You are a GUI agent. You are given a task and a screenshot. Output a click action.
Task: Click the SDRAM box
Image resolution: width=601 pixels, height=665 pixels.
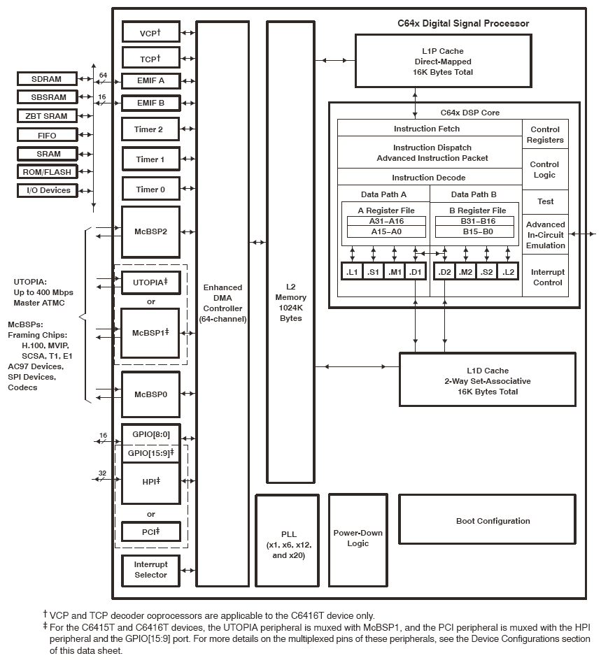click(46, 78)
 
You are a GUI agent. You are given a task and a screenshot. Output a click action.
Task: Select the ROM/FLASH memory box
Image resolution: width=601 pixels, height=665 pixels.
click(46, 172)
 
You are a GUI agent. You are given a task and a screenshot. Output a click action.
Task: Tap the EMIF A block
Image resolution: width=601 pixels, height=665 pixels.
click(150, 80)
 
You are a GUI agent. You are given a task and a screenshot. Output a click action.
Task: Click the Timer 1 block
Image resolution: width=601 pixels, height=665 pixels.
click(150, 159)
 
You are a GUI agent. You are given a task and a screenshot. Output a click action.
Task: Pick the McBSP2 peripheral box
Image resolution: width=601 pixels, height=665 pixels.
click(150, 231)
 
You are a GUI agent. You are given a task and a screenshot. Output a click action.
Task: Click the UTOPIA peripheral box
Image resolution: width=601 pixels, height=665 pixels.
click(150, 282)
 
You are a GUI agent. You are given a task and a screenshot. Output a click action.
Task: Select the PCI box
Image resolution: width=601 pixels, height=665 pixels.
click(150, 531)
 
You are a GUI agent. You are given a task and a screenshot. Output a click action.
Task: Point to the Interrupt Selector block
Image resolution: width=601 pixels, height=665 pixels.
click(150, 570)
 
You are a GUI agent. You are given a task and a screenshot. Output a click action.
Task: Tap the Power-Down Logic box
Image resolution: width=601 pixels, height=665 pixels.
click(358, 538)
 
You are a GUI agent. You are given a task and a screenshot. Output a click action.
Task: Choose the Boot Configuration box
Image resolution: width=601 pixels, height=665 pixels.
click(493, 521)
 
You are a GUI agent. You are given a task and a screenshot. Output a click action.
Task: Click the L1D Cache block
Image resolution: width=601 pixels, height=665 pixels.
click(487, 381)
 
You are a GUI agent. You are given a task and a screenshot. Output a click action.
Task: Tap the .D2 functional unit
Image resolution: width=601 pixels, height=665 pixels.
click(444, 271)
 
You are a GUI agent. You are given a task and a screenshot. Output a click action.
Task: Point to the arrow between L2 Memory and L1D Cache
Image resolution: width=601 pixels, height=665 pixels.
click(357, 366)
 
